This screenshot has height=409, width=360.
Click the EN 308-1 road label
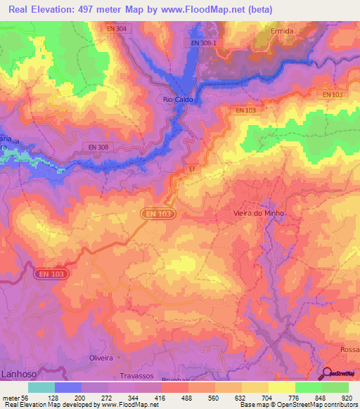point(205,44)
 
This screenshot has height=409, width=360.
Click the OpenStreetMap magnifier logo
point(329,374)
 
